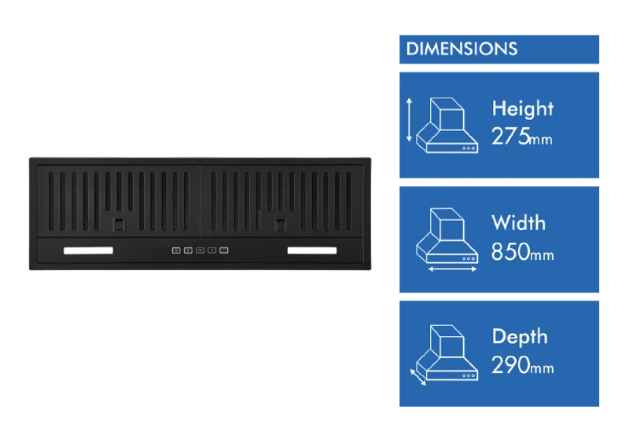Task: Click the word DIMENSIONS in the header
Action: pos(462,49)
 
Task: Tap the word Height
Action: pos(523,109)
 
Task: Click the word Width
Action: pos(519,223)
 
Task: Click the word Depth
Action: pos(520,338)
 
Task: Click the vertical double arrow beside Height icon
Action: pos(409,120)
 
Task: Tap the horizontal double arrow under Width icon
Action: pos(453,269)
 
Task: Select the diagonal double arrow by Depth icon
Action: pos(418,377)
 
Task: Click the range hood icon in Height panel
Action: pos(447,125)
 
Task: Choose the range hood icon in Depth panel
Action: pos(447,353)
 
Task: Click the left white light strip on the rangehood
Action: pos(88,251)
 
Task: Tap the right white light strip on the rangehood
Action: pos(312,251)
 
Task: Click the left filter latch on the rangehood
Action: pos(119,224)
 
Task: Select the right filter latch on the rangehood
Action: pos(280,224)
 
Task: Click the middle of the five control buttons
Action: pos(200,251)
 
